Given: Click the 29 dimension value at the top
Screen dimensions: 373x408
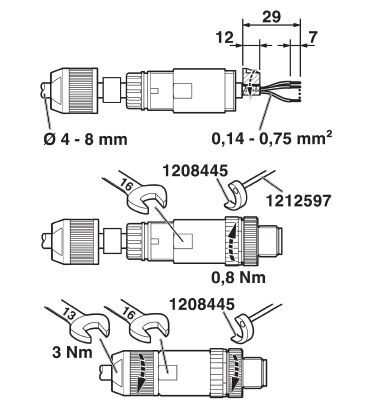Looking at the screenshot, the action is point(271,16).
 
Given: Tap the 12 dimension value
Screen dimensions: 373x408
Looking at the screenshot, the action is point(225,37).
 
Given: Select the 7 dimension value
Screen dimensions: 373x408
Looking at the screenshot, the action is point(312,37).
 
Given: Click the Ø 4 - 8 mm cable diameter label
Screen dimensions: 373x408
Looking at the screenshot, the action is point(85,139).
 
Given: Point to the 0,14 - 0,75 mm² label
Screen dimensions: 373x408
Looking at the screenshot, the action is point(272,138).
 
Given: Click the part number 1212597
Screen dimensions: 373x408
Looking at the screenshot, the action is point(299,200).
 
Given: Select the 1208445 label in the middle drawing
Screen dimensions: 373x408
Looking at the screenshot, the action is point(195,171).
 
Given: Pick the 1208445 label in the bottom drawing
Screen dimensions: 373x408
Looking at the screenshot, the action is point(202,304).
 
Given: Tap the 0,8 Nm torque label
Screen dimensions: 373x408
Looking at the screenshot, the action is point(239,277).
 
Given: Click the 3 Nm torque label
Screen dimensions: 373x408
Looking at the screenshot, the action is point(72,352).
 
